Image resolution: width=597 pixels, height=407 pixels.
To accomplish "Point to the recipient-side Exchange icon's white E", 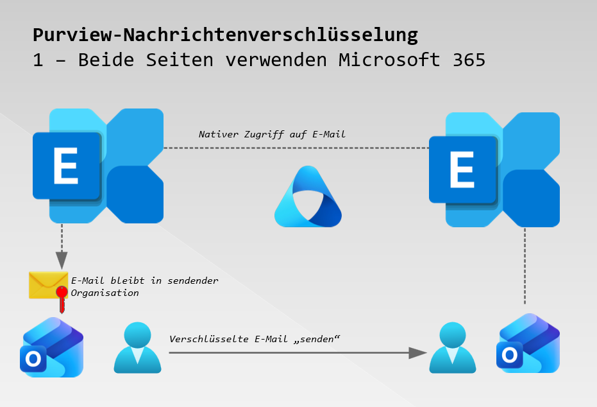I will pos(462,171).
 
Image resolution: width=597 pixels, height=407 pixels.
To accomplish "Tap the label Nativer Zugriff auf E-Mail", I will pos(273,134).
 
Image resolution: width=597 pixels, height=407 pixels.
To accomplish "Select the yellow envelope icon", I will pos(48,284).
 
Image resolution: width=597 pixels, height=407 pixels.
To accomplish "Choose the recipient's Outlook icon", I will pos(528,343).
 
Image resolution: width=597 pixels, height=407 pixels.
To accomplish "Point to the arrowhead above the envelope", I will pos(62,260).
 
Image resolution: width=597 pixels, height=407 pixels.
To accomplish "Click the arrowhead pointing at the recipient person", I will pos(418,352).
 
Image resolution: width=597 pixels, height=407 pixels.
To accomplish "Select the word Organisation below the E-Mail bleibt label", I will pos(105,293).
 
